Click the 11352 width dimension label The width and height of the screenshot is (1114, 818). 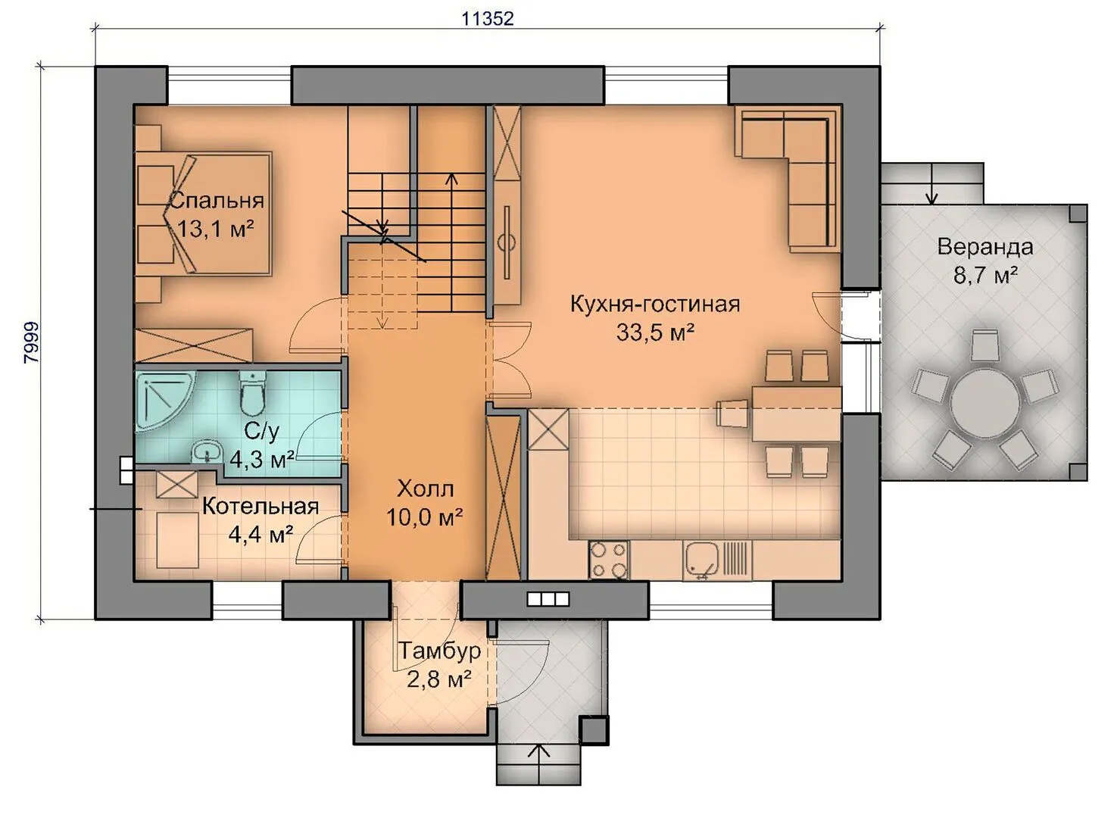pyautogui.click(x=488, y=19)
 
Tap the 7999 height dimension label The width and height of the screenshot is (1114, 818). pyautogui.click(x=31, y=343)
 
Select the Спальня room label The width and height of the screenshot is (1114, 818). pyautogui.click(x=217, y=201)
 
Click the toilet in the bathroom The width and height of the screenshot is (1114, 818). pyautogui.click(x=253, y=393)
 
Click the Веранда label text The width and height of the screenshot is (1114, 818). pyautogui.click(x=985, y=247)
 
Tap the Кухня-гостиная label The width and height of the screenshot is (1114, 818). pyautogui.click(x=655, y=304)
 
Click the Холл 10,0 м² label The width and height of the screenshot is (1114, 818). pyautogui.click(x=425, y=503)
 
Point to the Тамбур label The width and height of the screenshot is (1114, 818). pyautogui.click(x=440, y=651)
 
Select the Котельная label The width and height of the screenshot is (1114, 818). pyautogui.click(x=261, y=507)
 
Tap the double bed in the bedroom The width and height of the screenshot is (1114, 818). pyautogui.click(x=204, y=214)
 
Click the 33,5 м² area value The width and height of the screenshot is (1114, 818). pyautogui.click(x=655, y=332)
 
